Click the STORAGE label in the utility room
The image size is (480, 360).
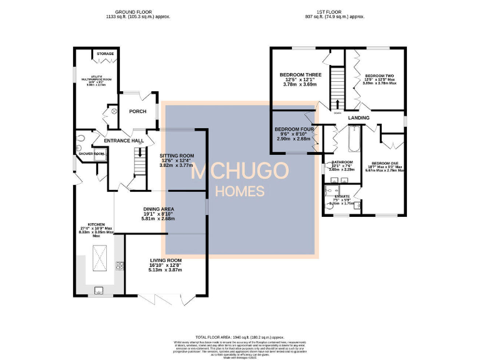pyautogui.click(x=105, y=54)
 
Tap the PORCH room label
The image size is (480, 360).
pyautogui.click(x=137, y=111)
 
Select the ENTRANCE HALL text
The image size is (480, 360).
pyautogui.click(x=124, y=141)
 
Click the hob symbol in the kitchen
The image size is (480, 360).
pyautogui.click(x=119, y=267)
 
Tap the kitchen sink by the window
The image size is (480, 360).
pyautogui.click(x=98, y=289)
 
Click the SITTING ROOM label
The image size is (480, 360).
pyautogui.click(x=177, y=156)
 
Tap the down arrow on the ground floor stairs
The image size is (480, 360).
pyautogui.click(x=140, y=154)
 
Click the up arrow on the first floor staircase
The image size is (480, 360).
pyautogui.click(x=338, y=102)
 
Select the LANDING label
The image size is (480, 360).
pyautogui.click(x=359, y=117)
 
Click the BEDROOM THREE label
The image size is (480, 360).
pyautogui.click(x=298, y=74)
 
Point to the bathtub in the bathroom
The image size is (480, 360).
pyautogui.click(x=354, y=141)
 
